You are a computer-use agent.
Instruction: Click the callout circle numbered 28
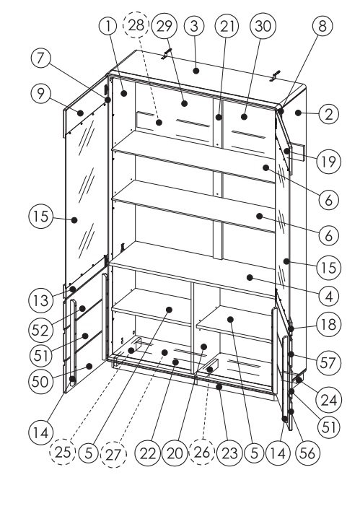point(136,25)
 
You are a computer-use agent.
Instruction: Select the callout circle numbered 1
point(108,26)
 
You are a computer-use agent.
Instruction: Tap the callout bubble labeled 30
point(263,26)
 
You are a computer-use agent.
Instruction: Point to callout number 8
point(322,26)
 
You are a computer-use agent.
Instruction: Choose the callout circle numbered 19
point(328,161)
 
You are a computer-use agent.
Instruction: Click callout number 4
point(328,296)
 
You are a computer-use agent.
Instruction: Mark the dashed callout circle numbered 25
point(63,452)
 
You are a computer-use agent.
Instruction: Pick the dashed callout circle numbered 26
point(202,452)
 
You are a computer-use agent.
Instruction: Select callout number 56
point(307,453)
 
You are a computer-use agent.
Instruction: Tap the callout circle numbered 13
point(40,301)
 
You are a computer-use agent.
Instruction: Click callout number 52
point(40,330)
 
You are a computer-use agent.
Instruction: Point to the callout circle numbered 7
point(41,58)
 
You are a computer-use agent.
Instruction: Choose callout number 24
point(329,400)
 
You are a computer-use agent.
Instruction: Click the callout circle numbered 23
point(229,453)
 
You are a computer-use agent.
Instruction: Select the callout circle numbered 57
point(328,363)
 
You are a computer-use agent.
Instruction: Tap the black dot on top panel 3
point(196,71)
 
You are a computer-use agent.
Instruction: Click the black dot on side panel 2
point(298,113)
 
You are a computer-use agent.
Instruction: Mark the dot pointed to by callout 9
point(80,113)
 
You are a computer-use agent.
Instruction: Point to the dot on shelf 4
point(250,277)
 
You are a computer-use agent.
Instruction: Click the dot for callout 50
point(89,366)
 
